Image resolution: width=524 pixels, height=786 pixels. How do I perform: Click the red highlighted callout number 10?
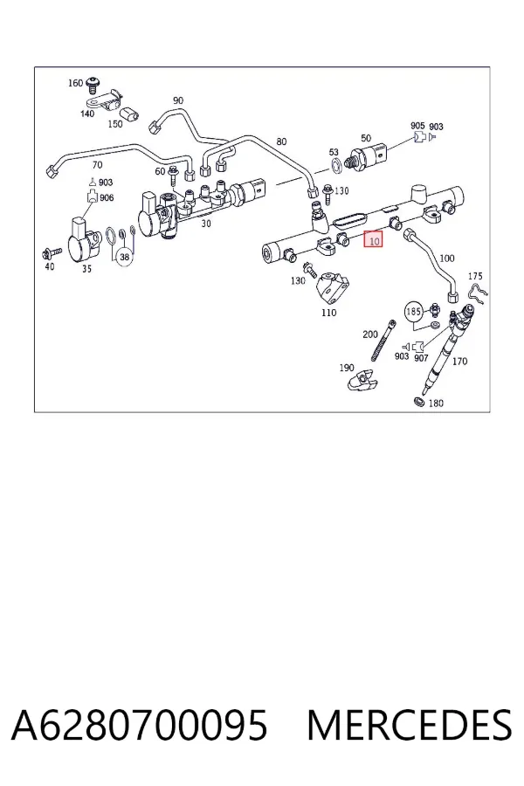374,240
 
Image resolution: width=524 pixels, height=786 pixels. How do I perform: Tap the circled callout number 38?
124,257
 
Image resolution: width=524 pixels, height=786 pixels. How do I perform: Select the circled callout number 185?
413,312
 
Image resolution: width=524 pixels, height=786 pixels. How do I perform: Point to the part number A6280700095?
140,726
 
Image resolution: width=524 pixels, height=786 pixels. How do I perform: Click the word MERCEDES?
410,726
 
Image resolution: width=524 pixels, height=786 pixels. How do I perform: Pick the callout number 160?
75,83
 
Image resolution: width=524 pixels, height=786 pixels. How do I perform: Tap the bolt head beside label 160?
92,84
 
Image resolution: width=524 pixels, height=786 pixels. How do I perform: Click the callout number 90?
178,100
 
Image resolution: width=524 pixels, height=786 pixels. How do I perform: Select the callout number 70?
97,164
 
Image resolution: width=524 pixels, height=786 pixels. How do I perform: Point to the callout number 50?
366,138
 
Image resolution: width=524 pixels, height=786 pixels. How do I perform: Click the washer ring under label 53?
335,163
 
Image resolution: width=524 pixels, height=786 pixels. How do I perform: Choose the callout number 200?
370,334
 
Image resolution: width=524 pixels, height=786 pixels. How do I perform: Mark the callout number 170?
459,361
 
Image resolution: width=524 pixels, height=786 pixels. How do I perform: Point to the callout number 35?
86,269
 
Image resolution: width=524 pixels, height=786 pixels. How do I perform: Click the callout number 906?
107,197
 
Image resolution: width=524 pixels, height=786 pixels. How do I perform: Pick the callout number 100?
447,259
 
